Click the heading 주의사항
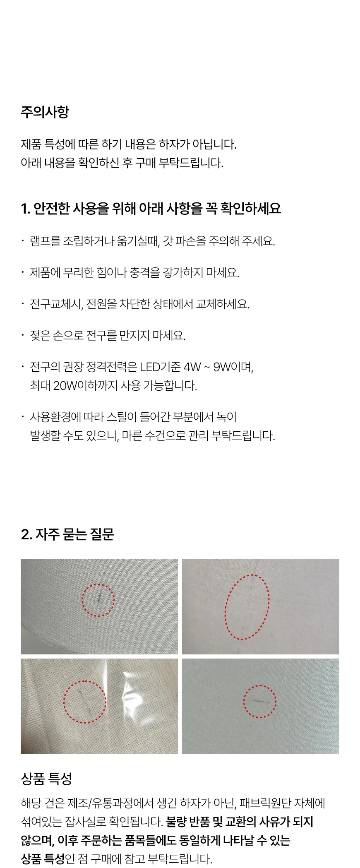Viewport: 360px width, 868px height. (45, 112)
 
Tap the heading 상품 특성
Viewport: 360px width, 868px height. (46, 779)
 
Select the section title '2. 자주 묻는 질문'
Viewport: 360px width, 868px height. (67, 534)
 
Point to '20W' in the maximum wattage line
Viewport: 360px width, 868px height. (65, 386)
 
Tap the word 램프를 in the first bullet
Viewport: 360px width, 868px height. (45, 241)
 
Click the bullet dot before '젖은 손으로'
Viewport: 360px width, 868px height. (23, 335)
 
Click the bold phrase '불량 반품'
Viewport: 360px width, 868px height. (188, 822)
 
